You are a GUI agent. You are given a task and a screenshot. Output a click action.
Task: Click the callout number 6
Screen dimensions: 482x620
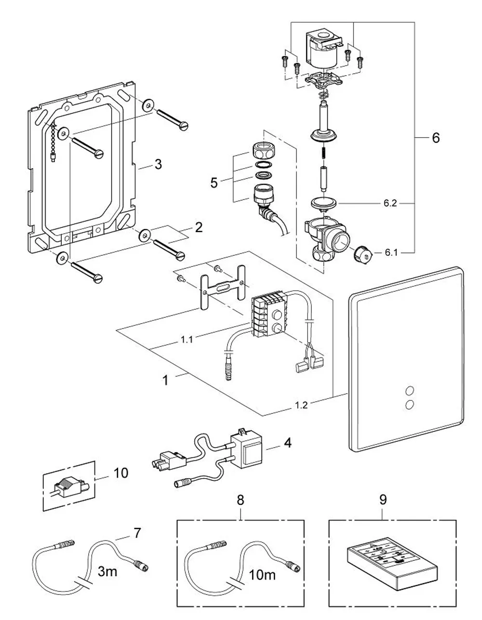(x=436, y=138)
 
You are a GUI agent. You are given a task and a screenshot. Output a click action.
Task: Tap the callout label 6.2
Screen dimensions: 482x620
(x=390, y=203)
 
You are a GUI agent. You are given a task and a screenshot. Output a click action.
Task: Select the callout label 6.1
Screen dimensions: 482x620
(x=391, y=252)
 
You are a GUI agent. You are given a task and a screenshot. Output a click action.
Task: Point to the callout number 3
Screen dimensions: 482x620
(x=158, y=165)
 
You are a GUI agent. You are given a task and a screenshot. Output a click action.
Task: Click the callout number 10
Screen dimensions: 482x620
(x=121, y=473)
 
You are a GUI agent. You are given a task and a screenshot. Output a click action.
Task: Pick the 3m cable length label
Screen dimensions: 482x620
(x=107, y=571)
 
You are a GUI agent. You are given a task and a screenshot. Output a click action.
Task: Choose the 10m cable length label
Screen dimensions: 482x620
(x=262, y=575)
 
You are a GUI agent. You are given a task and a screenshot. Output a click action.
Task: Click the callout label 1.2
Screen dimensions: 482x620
(x=301, y=405)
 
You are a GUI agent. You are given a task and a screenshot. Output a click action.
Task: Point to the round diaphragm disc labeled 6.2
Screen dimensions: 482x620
(x=324, y=204)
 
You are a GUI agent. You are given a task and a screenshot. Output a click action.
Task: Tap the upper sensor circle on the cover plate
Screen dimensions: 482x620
(x=410, y=390)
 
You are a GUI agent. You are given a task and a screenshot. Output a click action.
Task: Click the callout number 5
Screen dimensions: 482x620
(x=214, y=183)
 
